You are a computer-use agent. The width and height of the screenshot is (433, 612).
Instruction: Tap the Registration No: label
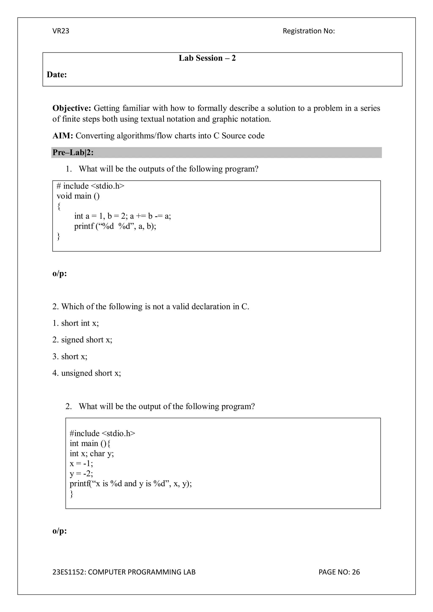pyautogui.click(x=308, y=31)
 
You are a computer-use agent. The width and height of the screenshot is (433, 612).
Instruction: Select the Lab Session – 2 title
pyautogui.click(x=207, y=58)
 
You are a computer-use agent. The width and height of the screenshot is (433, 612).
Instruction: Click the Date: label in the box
pyautogui.click(x=57, y=75)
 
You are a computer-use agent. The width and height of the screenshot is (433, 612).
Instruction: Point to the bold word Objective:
pyautogui.click(x=72, y=108)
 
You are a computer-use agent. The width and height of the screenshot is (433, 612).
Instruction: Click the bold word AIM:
pyautogui.click(x=63, y=136)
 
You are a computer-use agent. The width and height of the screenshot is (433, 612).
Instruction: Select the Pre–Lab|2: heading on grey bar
pyautogui.click(x=73, y=153)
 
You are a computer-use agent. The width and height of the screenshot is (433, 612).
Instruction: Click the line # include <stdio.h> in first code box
pyautogui.click(x=90, y=186)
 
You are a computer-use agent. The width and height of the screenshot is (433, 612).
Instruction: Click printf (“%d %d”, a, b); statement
pyautogui.click(x=115, y=226)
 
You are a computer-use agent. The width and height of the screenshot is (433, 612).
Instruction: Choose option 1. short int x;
pyautogui.click(x=75, y=323)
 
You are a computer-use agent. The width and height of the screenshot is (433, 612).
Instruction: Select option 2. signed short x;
pyautogui.click(x=82, y=339)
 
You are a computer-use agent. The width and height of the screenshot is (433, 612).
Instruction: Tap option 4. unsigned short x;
pyautogui.click(x=86, y=373)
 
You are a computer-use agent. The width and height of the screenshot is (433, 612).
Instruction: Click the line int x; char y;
pyautogui.click(x=92, y=453)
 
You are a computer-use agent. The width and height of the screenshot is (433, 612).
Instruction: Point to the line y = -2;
pyautogui.click(x=81, y=473)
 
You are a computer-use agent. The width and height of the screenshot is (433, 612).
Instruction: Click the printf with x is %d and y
pyautogui.click(x=130, y=484)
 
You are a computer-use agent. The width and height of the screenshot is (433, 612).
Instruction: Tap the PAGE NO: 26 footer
pyautogui.click(x=339, y=572)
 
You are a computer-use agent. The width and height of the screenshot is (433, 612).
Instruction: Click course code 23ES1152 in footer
pyautogui.click(x=69, y=572)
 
